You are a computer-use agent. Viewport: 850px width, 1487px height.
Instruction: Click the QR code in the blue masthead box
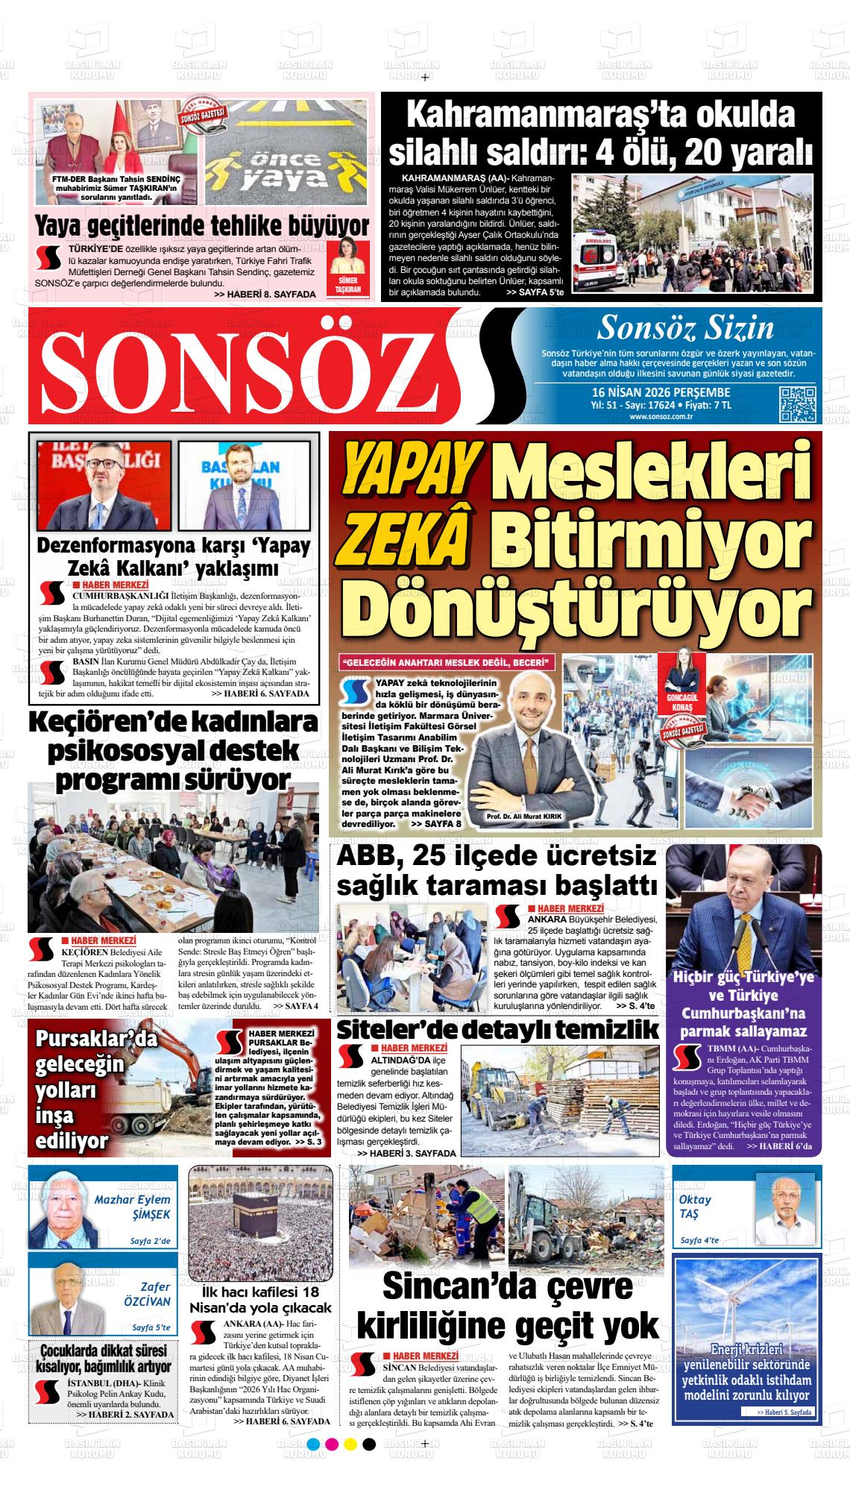[796, 403]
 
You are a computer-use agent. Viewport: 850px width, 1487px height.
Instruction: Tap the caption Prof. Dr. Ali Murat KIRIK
[523, 817]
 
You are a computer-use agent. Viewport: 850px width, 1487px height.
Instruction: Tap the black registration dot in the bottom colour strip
[368, 1465]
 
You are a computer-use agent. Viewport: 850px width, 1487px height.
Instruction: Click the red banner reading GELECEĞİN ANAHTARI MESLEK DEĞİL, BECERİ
[445, 662]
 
